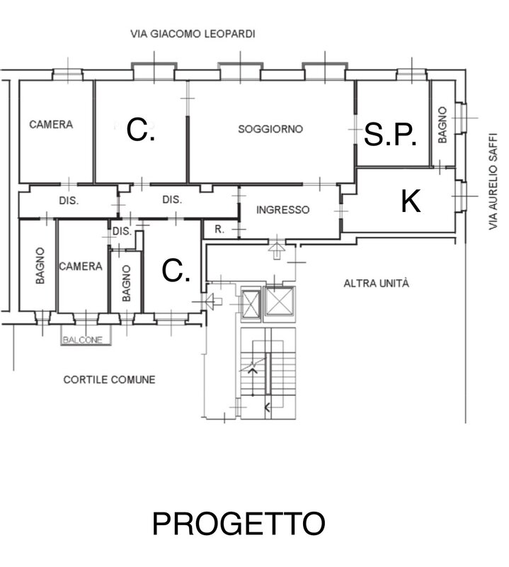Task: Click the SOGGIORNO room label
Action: tap(270, 129)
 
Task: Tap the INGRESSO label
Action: tap(283, 210)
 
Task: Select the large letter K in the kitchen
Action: tap(411, 201)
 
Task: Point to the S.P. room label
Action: tap(390, 134)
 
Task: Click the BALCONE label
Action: tap(82, 340)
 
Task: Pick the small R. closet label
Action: tap(219, 229)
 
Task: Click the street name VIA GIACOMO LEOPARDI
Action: tap(193, 34)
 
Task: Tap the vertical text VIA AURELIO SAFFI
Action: tap(493, 181)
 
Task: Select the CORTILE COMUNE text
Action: tap(109, 380)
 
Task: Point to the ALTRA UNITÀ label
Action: tap(376, 283)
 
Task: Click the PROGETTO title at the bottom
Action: tap(239, 523)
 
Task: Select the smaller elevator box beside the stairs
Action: tap(251, 304)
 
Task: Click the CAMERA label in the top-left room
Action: tap(51, 125)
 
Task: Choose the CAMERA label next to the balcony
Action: tap(81, 266)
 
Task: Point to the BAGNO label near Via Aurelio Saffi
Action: tap(442, 125)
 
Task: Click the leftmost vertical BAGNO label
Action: tap(40, 265)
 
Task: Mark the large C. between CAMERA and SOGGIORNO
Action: tap(141, 130)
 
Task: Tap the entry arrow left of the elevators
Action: tap(213, 301)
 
